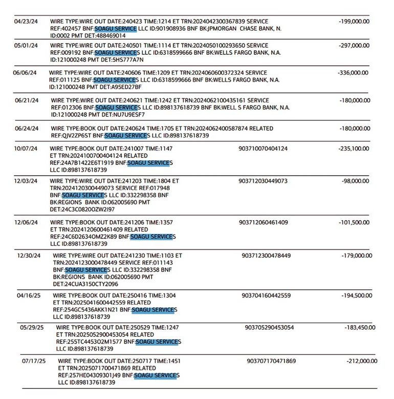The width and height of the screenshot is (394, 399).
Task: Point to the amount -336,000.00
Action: coord(354,73)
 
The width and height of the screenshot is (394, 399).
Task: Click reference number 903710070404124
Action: coord(263,149)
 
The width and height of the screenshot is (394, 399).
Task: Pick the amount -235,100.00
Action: coord(354,149)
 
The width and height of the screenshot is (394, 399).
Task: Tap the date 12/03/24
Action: coord(26,181)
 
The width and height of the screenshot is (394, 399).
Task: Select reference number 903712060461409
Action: coord(263,222)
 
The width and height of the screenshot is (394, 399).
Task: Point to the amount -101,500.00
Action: coord(354,222)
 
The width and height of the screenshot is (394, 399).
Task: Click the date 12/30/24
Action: coord(29,255)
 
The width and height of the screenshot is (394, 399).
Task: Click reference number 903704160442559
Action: coord(266,296)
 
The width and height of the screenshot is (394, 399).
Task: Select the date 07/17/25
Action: coord(34,361)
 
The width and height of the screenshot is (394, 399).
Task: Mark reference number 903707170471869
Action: coord(271,361)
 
